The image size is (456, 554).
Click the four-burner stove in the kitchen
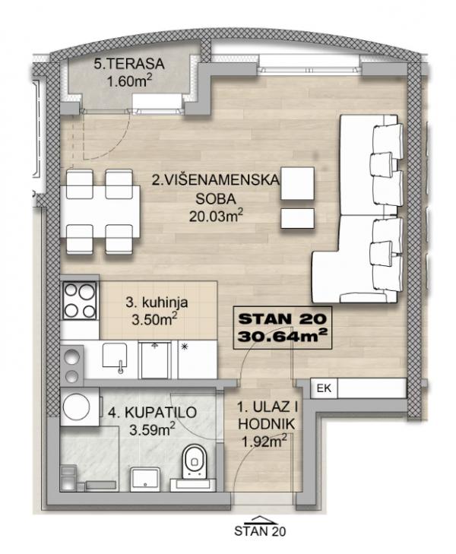click(x=78, y=300)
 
